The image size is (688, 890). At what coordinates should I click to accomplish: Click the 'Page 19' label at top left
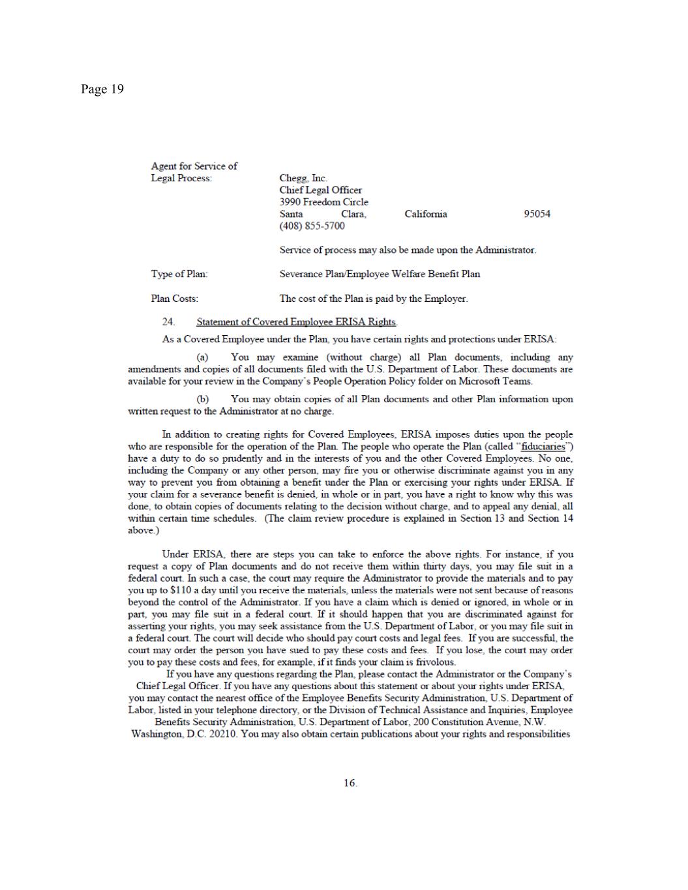[102, 89]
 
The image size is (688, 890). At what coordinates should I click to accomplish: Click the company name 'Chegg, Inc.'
[303, 178]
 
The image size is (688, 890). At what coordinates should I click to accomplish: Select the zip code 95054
[537, 214]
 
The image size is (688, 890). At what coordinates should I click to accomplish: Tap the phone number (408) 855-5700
[312, 226]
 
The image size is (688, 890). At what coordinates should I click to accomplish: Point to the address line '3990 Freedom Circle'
[323, 202]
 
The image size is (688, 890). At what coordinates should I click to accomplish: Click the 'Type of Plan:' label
[179, 274]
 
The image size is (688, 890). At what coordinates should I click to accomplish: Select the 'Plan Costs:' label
[174, 299]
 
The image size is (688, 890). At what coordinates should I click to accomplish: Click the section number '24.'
[168, 322]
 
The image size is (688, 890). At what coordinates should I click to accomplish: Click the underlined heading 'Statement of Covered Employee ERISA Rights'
[296, 322]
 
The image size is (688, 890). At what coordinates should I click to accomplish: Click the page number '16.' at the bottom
[350, 783]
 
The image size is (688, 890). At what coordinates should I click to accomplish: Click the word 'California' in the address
[425, 214]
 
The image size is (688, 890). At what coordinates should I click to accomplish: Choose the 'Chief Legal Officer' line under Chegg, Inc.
[320, 190]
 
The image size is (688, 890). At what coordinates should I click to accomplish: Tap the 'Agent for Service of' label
[194, 166]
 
